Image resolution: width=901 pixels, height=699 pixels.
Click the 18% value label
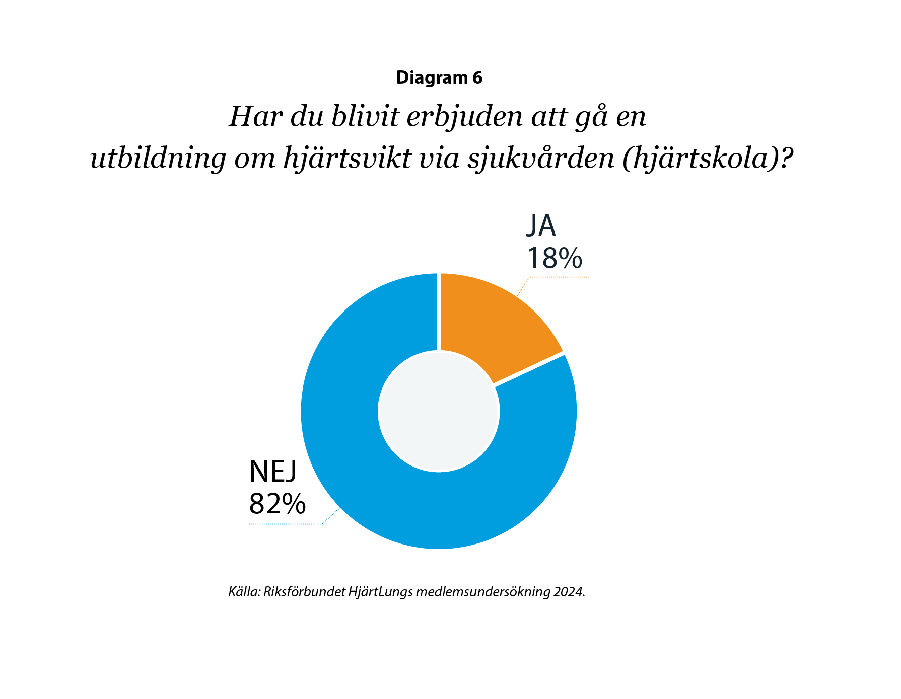click(554, 258)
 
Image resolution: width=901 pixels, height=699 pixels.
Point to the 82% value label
click(278, 503)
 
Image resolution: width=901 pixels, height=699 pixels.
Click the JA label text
click(541, 226)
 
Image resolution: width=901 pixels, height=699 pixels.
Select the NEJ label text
click(273, 472)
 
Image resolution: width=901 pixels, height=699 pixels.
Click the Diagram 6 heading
click(439, 77)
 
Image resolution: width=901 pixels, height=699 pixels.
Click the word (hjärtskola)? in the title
click(705, 159)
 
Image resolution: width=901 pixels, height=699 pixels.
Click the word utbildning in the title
click(158, 159)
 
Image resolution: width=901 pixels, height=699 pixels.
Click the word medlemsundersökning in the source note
click(482, 592)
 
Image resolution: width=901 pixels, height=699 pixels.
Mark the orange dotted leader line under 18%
click(559, 277)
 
